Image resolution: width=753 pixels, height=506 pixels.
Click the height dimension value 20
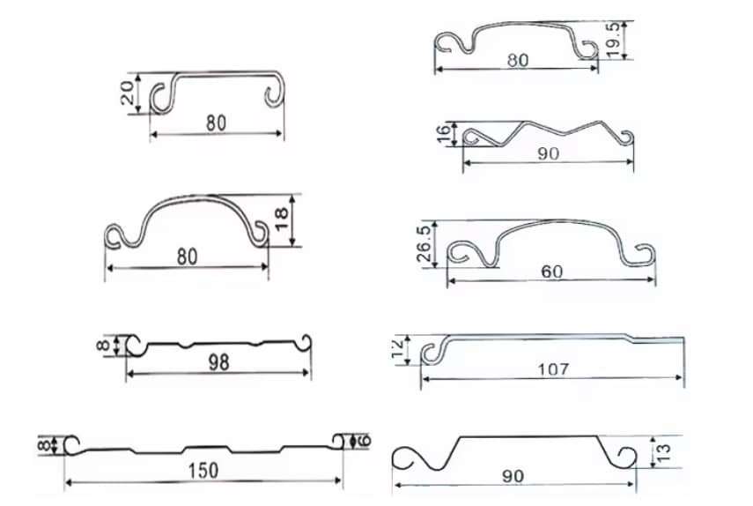click(x=127, y=93)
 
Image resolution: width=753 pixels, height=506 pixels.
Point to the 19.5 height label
click(x=613, y=41)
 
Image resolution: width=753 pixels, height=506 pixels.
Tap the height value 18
click(x=282, y=219)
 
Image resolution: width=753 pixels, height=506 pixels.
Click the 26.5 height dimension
click(x=424, y=243)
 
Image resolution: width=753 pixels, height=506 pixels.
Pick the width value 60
click(x=552, y=272)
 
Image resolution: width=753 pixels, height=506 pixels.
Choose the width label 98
click(x=218, y=363)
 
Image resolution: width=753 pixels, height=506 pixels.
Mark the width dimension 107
click(x=553, y=369)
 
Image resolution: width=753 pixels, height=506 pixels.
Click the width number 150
click(x=203, y=471)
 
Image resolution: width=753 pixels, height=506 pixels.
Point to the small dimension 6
click(x=365, y=441)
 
